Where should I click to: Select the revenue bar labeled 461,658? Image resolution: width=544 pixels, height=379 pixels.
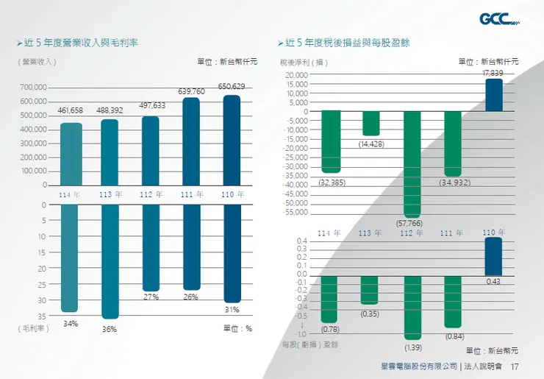(x=71, y=153)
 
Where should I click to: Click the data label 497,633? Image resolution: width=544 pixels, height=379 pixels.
(x=151, y=106)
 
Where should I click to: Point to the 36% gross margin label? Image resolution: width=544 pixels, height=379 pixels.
(x=110, y=329)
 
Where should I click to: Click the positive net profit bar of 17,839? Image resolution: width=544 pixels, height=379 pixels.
(x=493, y=95)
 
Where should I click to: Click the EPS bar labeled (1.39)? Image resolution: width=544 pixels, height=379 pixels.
(x=412, y=308)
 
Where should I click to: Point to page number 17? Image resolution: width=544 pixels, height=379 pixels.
(x=515, y=366)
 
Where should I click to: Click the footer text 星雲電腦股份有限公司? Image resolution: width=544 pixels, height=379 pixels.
(x=419, y=366)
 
